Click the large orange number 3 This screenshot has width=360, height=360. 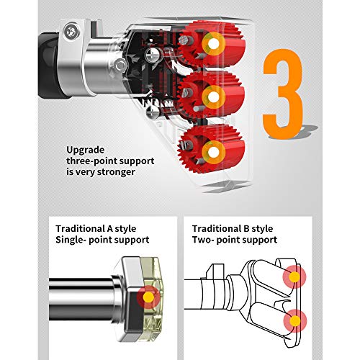(x=283, y=94)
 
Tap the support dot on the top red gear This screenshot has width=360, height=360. (x=213, y=44)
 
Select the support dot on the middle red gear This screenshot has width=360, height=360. (x=213, y=97)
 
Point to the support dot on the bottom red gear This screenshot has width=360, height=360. (x=213, y=152)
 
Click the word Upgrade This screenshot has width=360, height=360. (x=86, y=150)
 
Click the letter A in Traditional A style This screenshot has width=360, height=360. (x=109, y=228)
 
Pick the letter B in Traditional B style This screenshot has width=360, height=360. (x=246, y=228)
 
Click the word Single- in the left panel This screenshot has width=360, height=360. (x=71, y=240)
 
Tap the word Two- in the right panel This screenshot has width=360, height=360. (x=203, y=240)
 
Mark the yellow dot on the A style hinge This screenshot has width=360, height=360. (x=148, y=297)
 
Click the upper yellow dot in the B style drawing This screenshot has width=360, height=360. (x=294, y=277)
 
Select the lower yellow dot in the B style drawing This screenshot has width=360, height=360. (x=295, y=321)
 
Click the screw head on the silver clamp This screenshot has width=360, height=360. (x=71, y=31)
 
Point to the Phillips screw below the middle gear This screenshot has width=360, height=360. (x=153, y=112)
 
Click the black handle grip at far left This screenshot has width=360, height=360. (x=49, y=66)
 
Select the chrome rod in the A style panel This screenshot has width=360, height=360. (x=81, y=300)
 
